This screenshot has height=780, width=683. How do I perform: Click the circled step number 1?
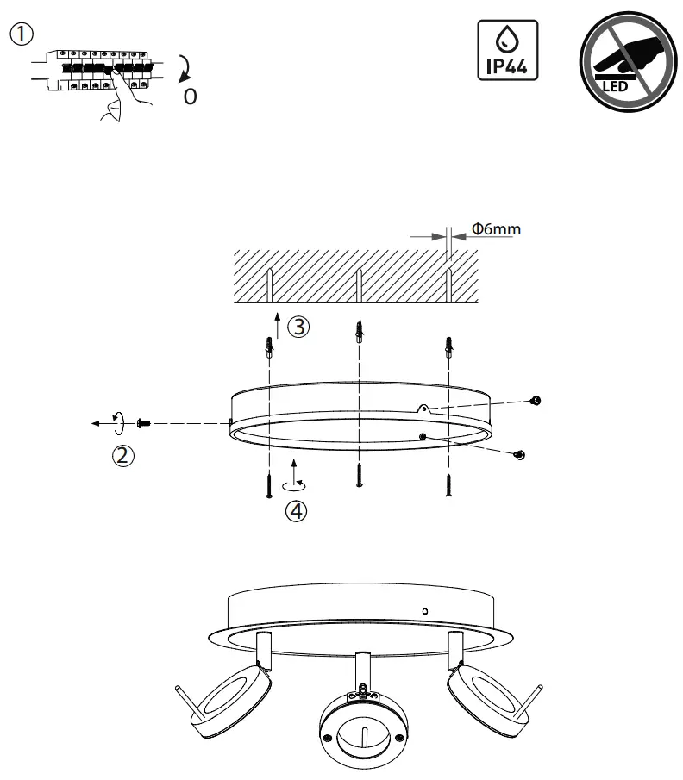click(x=22, y=34)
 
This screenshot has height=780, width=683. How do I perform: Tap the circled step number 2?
click(x=124, y=456)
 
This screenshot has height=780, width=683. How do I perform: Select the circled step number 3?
click(x=298, y=328)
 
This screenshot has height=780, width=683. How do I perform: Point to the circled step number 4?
click(x=296, y=512)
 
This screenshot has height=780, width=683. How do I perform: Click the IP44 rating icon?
click(x=507, y=50)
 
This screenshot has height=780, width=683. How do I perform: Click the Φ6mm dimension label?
click(x=496, y=230)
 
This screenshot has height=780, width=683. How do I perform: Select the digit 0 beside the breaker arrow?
click(x=190, y=97)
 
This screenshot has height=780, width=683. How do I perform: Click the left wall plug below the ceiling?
click(x=269, y=347)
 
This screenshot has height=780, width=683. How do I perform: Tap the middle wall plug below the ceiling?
click(x=358, y=330)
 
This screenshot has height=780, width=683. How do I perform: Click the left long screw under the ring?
click(x=269, y=487)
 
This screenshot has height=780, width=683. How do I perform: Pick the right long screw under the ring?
click(x=448, y=487)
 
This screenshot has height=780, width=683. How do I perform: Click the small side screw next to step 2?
click(x=145, y=423)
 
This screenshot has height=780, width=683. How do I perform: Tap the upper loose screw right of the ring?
click(x=536, y=401)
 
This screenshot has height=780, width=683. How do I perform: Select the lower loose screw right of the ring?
click(x=520, y=454)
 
